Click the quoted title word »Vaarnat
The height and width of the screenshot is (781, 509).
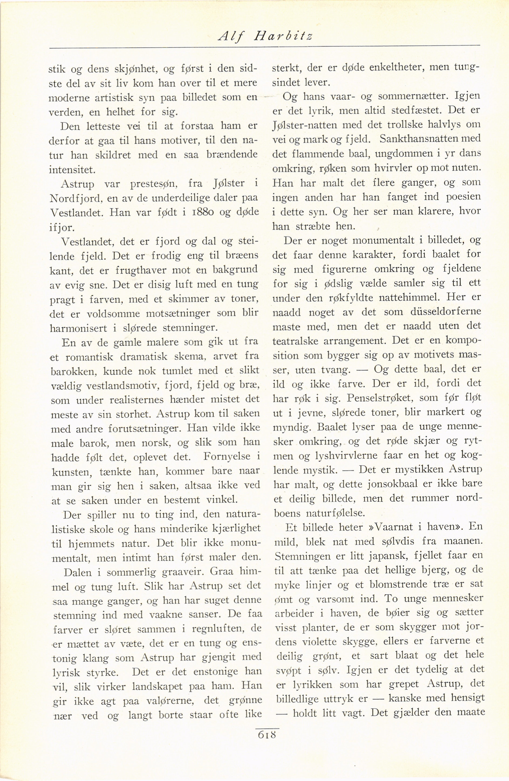398,527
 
